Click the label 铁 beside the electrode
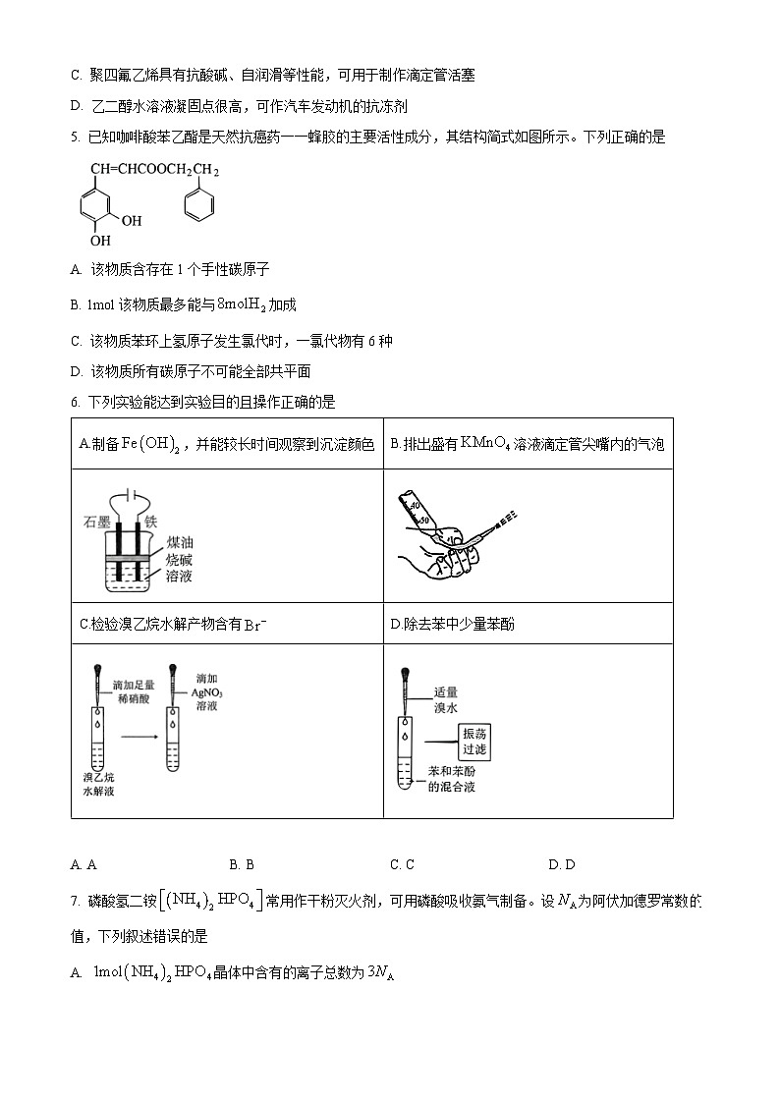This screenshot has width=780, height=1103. coord(150,522)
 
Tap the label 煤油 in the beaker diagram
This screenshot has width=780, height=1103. coord(179,541)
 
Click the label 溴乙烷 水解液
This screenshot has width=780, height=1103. coord(98,783)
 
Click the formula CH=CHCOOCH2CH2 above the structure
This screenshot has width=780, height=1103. coord(154,170)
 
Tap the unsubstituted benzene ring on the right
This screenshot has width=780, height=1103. coord(198,206)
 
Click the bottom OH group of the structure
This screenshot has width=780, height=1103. coord(101,240)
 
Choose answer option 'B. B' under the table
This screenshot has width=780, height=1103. coord(242,864)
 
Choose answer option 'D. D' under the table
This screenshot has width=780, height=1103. coord(562,864)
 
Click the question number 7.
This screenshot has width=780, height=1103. coord(75,902)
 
